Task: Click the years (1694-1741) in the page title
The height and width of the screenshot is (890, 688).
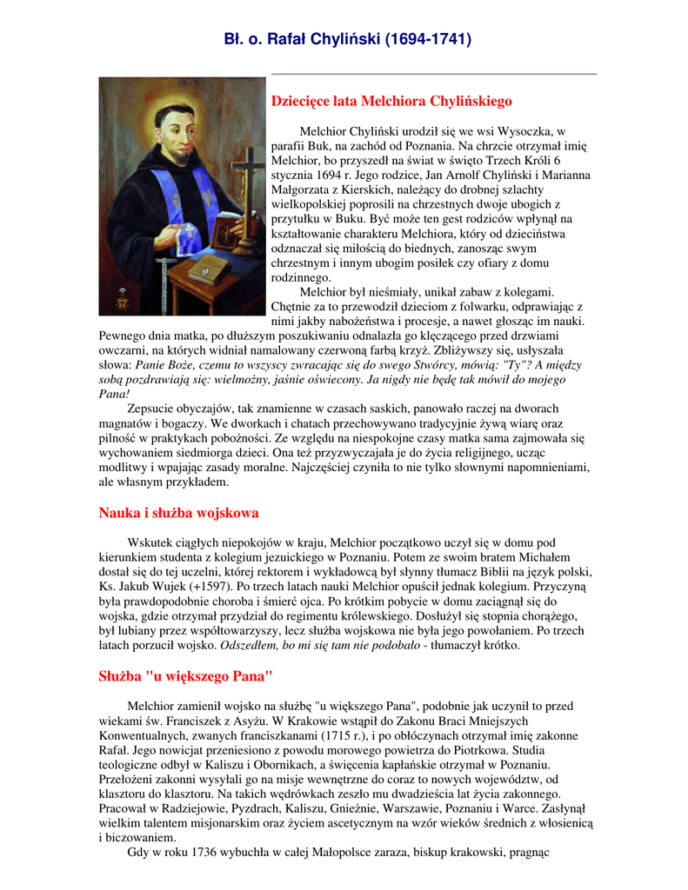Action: [x=428, y=39]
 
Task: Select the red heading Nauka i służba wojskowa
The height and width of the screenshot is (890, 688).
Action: [x=178, y=513]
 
